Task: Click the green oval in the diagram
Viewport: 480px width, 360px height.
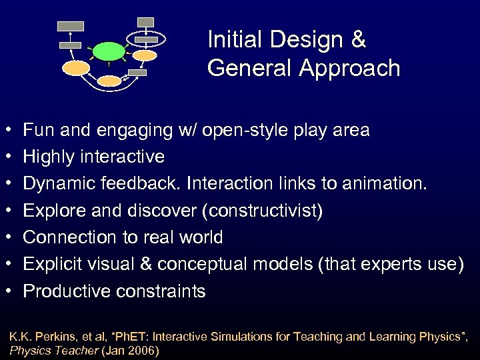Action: click(109, 51)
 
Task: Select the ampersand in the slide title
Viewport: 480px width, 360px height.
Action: click(357, 40)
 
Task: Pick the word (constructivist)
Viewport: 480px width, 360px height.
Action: click(266, 211)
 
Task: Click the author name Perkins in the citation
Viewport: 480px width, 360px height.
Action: click(56, 337)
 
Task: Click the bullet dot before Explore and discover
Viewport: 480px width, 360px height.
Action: click(6, 211)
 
